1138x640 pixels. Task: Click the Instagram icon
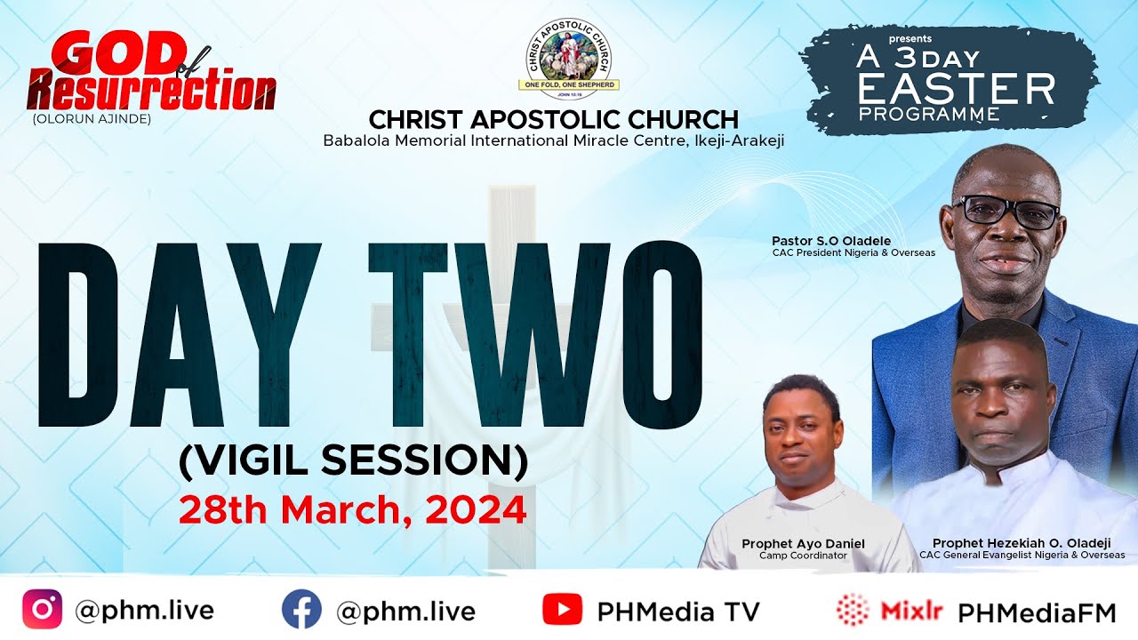tap(42, 610)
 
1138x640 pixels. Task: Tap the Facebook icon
tap(301, 610)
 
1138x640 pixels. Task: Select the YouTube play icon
tap(562, 610)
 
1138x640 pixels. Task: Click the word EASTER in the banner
tap(957, 90)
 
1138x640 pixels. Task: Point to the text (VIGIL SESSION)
tap(353, 460)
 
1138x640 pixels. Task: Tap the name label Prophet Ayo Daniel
tap(803, 543)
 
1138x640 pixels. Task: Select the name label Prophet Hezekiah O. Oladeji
tap(1022, 543)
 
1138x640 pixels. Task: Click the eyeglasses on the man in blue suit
tap(1006, 212)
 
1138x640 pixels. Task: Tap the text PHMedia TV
tap(678, 612)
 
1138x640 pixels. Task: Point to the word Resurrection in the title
tap(151, 91)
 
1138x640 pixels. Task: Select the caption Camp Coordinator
tap(803, 556)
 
